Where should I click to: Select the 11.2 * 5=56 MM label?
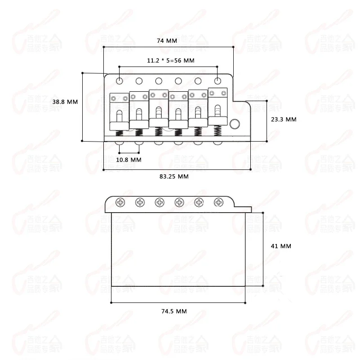[x=170, y=60]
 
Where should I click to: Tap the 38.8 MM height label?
[x=65, y=102]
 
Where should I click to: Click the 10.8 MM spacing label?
[x=129, y=160]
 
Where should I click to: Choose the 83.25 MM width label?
[x=174, y=177]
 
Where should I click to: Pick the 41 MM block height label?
[x=282, y=246]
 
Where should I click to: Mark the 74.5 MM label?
[x=174, y=311]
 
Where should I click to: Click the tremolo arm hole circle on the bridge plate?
[x=234, y=124]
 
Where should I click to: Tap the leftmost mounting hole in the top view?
[x=120, y=80]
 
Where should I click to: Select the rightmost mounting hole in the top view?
[x=218, y=80]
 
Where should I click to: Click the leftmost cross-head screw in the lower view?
[x=120, y=202]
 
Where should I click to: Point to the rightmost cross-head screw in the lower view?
[x=218, y=202]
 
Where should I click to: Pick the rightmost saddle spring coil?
[x=218, y=131]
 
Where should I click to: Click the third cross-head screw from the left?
[x=160, y=202]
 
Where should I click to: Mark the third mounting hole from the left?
[x=159, y=80]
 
